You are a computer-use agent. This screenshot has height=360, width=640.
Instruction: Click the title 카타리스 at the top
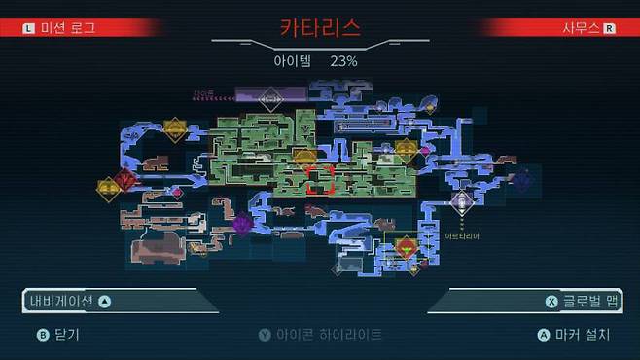coord(320,27)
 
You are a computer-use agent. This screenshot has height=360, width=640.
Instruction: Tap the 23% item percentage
coord(343,60)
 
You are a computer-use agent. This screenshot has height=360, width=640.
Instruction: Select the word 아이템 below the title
coord(292,60)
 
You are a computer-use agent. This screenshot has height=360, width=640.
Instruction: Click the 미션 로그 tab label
coord(67,28)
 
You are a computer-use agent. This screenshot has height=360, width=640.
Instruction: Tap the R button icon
coord(610,28)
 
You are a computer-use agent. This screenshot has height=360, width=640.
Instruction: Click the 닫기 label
coord(67,334)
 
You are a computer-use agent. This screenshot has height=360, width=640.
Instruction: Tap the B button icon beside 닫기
coord(42,334)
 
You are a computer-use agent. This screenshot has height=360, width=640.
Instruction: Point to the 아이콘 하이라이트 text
coord(328,334)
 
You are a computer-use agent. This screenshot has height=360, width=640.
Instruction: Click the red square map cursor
coord(319,179)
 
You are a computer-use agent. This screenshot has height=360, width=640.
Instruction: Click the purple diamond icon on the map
coord(242,224)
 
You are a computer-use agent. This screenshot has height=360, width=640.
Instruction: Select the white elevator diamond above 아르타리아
coord(461,201)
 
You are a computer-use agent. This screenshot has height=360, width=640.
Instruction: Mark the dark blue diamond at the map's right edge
coord(522,180)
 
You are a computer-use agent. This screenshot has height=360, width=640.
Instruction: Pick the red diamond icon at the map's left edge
coord(124,179)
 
